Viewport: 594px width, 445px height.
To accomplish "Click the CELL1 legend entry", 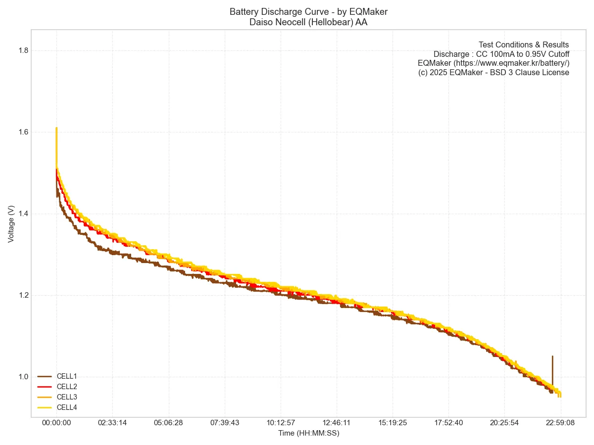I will pyautogui.click(x=66, y=376).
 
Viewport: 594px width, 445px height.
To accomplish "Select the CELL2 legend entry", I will pyautogui.click(x=66, y=387).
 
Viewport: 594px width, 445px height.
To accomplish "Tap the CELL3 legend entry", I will pyautogui.click(x=66, y=397).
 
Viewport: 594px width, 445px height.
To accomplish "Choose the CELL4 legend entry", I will pyautogui.click(x=66, y=407).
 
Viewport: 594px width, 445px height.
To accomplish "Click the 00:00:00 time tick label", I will pyautogui.click(x=56, y=423).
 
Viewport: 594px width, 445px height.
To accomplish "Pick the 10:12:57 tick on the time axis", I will pyautogui.click(x=281, y=423).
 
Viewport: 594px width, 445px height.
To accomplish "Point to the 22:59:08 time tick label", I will pyautogui.click(x=561, y=423).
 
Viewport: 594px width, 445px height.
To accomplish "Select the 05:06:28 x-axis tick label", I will pyautogui.click(x=169, y=423).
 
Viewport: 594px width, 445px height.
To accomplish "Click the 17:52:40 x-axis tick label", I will pyautogui.click(x=448, y=423).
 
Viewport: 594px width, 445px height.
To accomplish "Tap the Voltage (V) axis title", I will pyautogui.click(x=11, y=224).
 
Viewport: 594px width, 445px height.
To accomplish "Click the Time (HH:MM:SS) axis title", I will pyautogui.click(x=308, y=433).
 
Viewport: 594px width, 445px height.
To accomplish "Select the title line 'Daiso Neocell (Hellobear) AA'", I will pyautogui.click(x=308, y=22).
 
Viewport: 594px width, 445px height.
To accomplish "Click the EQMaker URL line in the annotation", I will pyautogui.click(x=494, y=63).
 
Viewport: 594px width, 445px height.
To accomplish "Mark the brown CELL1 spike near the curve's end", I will pyautogui.click(x=552, y=366).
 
